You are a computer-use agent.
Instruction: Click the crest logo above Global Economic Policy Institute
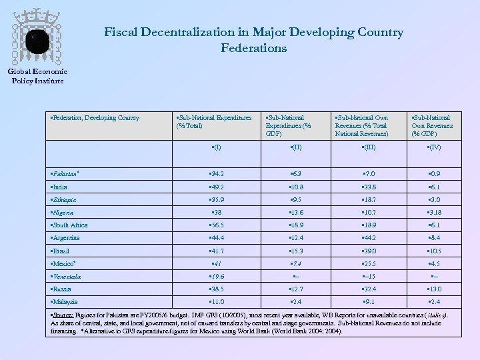coord(37,38)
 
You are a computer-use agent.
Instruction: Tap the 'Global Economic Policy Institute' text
coord(37,77)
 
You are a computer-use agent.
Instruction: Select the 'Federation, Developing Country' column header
coord(95,118)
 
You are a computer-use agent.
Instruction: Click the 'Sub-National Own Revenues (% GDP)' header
coord(432,125)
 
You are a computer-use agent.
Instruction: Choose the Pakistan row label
coord(65,174)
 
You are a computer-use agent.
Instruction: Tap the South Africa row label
coord(69,225)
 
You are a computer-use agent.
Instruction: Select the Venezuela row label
coord(66,276)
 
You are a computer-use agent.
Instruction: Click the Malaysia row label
coord(65,301)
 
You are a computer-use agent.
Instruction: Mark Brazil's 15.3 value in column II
coord(296,251)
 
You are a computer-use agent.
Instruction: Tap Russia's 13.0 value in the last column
coord(435,289)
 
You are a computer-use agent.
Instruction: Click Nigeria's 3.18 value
coord(435,213)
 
